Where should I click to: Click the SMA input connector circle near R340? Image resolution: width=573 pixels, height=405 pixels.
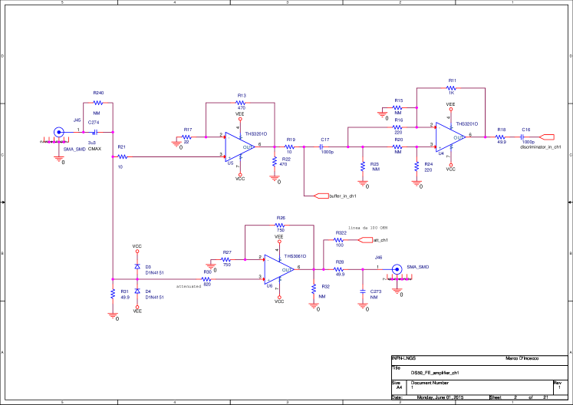pos(59,132)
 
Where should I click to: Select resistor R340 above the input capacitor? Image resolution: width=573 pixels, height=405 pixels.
pos(98,102)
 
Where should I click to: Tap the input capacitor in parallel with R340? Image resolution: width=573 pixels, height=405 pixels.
pos(96,132)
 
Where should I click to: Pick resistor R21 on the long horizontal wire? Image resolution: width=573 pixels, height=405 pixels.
pos(122,156)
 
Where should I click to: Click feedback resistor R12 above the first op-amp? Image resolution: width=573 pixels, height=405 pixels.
pos(241,103)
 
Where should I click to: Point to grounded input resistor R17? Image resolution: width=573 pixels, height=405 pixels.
pos(186,137)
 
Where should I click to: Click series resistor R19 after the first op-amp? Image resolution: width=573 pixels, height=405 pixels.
pos(290,147)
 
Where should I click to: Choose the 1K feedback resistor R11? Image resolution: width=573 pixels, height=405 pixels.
pos(451,88)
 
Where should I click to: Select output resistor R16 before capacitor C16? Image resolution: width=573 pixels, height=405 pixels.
pos(501,137)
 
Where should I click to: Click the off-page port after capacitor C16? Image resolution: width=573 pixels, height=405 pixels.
pos(547,137)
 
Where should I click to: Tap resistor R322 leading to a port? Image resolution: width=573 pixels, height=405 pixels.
pos(339,240)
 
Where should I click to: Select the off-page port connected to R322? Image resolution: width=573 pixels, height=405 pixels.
pos(366,240)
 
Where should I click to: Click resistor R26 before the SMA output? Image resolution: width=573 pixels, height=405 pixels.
pos(339,269)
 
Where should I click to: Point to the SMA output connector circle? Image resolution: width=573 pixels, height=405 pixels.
pos(397,269)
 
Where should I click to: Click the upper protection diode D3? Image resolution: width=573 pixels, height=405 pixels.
pos(137,266)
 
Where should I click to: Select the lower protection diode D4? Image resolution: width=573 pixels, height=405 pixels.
pos(137,292)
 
